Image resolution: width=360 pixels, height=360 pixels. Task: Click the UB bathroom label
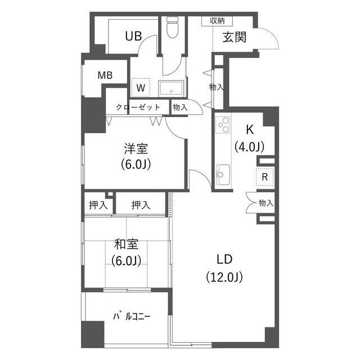tap(133, 37)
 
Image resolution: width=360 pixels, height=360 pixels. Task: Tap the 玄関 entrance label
tap(234, 38)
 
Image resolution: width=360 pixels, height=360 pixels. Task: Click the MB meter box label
tap(105, 75)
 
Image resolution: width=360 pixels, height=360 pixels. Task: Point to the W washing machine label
tap(141, 88)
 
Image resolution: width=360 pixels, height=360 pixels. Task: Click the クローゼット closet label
tap(138, 107)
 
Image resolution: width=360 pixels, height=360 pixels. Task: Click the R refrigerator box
tap(265, 176)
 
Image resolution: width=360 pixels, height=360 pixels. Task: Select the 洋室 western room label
tap(136, 149)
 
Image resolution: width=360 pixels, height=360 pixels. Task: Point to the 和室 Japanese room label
tap(126, 244)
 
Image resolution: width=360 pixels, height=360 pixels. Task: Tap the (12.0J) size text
tap(224, 277)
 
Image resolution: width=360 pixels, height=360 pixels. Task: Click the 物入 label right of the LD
tap(265, 203)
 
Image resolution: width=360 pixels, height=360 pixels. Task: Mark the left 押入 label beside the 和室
tap(98, 205)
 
